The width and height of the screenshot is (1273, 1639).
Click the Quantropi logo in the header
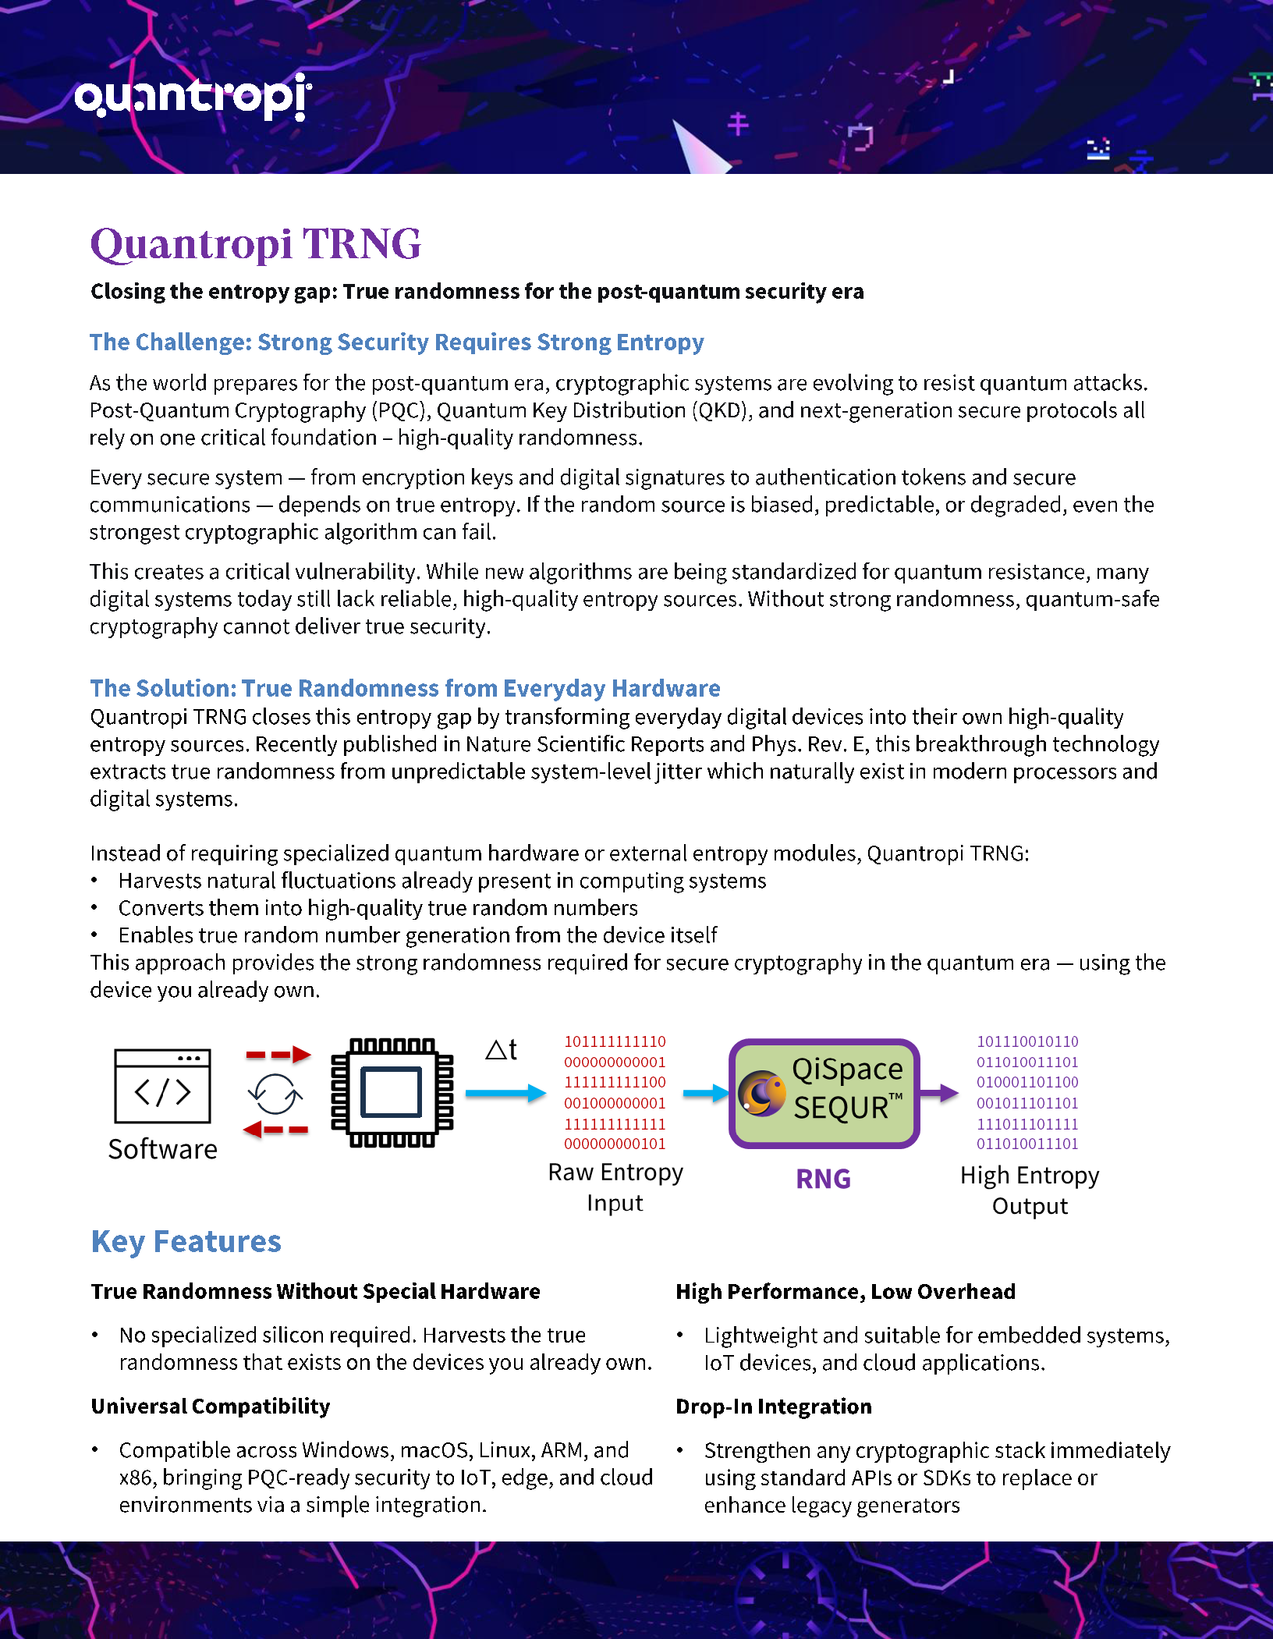click(x=193, y=97)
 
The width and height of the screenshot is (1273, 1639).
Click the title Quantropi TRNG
click(x=256, y=244)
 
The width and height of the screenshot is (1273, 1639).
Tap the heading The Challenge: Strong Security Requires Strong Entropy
click(x=396, y=342)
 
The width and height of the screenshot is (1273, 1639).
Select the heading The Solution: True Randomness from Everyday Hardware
click(x=405, y=688)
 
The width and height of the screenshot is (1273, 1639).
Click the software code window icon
click(x=162, y=1086)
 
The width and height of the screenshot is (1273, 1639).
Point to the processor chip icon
click(x=392, y=1092)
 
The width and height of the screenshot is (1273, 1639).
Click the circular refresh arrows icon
click(x=275, y=1094)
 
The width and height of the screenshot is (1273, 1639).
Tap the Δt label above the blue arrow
click(x=501, y=1049)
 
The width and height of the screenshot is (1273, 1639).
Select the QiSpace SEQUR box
click(x=824, y=1092)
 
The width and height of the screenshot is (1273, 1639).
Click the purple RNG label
click(x=823, y=1179)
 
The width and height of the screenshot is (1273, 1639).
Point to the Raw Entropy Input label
click(x=615, y=1187)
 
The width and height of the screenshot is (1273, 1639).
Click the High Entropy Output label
click(x=1030, y=1190)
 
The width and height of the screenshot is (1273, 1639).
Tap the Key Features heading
click(x=186, y=1241)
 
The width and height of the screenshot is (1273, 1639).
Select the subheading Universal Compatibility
click(x=211, y=1406)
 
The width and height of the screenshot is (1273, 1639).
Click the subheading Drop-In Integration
click(x=774, y=1406)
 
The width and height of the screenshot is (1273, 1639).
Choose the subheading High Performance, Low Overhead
click(x=846, y=1291)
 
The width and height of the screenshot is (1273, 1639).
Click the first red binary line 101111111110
click(x=615, y=1041)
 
